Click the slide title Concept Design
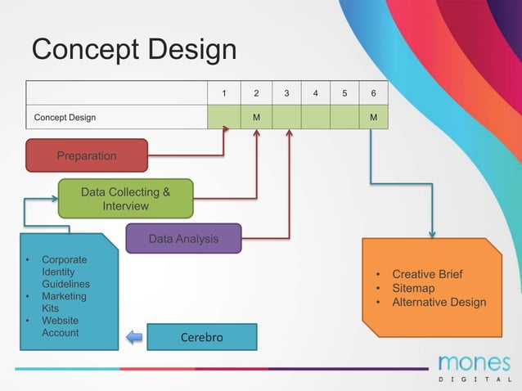click(x=133, y=50)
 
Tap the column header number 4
click(x=315, y=93)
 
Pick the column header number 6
click(x=373, y=93)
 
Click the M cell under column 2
click(x=256, y=117)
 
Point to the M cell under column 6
click(x=373, y=117)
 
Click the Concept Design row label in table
click(x=65, y=117)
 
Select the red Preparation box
click(x=87, y=155)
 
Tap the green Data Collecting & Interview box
click(x=125, y=199)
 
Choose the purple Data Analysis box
click(x=183, y=239)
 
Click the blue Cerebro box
click(x=201, y=337)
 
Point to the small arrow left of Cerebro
click(x=134, y=337)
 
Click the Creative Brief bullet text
click(x=427, y=274)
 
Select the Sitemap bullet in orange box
click(x=413, y=288)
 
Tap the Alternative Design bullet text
click(x=439, y=302)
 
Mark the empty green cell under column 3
click(x=286, y=117)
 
